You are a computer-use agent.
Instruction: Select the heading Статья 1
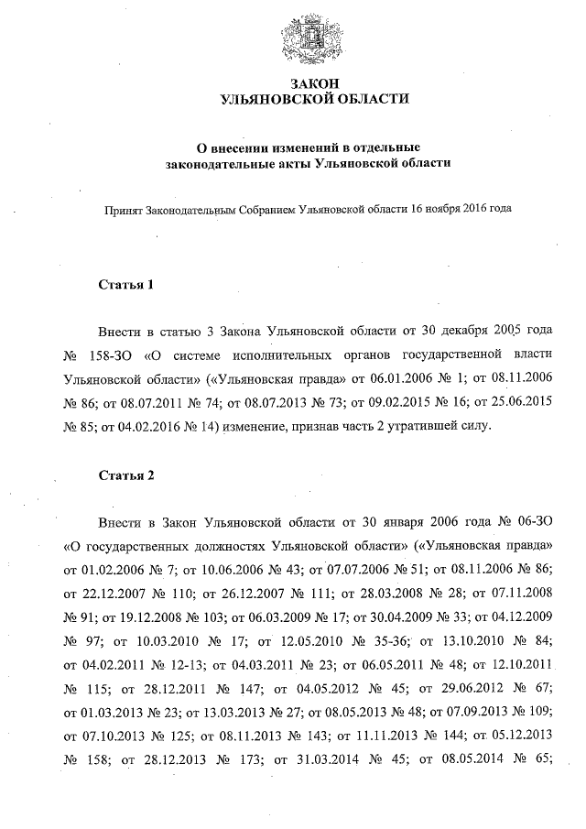click(x=125, y=285)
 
